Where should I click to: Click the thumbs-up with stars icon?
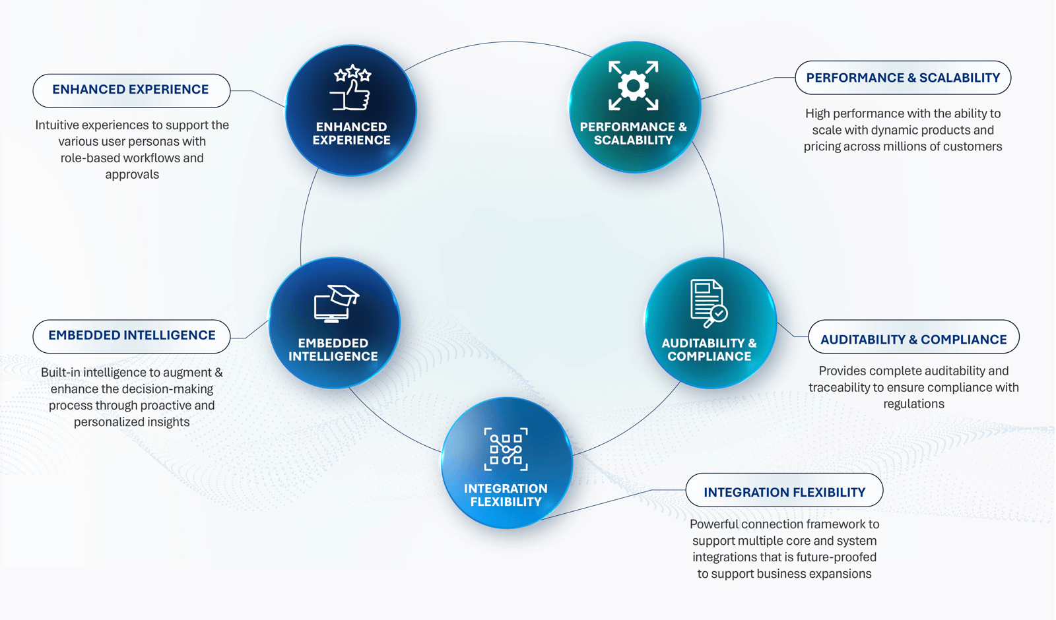[x=351, y=88]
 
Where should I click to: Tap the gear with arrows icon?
[x=633, y=86]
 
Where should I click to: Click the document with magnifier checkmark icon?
[x=709, y=303]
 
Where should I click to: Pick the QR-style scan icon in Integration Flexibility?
[x=506, y=449]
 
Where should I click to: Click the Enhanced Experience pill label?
[x=131, y=90]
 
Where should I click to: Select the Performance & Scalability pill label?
[x=903, y=78]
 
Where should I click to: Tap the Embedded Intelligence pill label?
[x=131, y=336]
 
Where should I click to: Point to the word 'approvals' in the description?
[x=132, y=175]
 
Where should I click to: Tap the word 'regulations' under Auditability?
[x=913, y=404]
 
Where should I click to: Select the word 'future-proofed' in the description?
[x=841, y=557]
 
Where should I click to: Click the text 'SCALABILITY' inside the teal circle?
[x=633, y=140]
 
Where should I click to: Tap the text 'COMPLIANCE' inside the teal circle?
[x=709, y=356]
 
